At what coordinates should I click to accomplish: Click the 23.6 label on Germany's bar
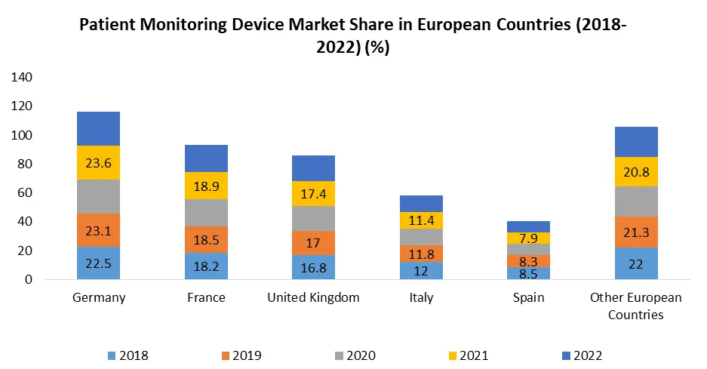[x=98, y=163]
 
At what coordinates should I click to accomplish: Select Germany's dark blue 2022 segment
[x=98, y=128]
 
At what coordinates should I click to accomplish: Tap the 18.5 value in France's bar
[x=206, y=240]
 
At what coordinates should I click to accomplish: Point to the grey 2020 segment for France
[x=206, y=213]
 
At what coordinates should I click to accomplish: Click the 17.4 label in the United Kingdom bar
[x=313, y=195]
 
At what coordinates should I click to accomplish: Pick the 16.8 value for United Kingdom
[x=313, y=267]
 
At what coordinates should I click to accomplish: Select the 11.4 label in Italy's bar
[x=421, y=220]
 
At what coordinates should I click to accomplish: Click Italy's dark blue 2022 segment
[x=421, y=204]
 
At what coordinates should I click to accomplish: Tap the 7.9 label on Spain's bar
[x=528, y=238]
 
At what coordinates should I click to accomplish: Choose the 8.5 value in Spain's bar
[x=528, y=273]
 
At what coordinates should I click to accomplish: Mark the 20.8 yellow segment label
[x=636, y=172]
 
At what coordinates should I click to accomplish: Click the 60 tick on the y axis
[x=26, y=193]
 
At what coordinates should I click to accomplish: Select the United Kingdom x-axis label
[x=313, y=297]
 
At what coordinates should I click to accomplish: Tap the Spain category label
[x=528, y=297]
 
